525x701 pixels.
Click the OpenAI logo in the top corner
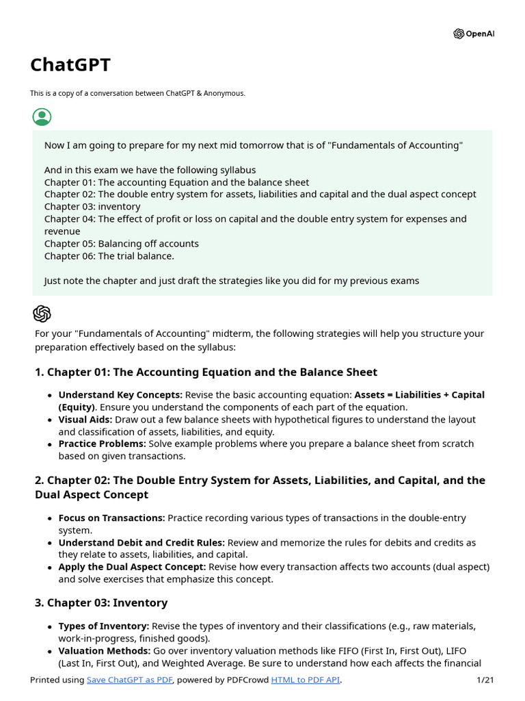473,34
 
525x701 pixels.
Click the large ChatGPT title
70,65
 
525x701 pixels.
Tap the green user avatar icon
42,116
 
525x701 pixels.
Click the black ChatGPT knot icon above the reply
42,314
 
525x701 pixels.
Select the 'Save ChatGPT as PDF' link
130,680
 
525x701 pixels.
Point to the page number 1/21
484,680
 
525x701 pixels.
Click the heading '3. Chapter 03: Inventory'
101,603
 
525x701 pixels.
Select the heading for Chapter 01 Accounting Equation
206,372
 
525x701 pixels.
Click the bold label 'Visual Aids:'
85,420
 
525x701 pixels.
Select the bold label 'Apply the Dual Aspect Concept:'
132,568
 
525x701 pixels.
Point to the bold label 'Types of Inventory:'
104,626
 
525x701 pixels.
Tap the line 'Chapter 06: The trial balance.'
109,256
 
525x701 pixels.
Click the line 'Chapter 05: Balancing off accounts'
122,244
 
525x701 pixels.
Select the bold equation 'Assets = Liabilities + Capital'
419,395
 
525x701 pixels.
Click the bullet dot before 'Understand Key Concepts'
50,396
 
